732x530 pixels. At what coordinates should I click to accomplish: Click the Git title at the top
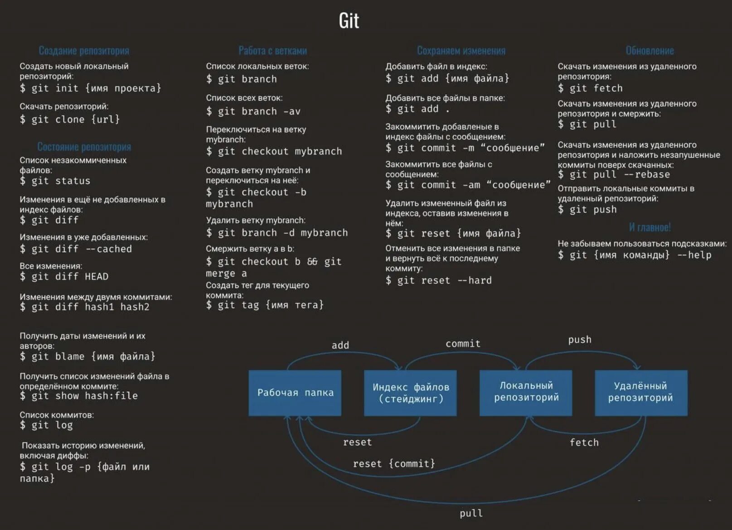point(349,21)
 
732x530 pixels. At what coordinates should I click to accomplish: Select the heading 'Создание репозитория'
point(84,51)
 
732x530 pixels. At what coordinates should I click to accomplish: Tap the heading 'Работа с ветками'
point(272,51)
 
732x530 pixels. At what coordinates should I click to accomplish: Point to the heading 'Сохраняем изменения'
point(461,51)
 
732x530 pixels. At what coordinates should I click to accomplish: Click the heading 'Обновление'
point(650,51)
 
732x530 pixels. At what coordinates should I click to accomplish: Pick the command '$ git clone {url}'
point(70,120)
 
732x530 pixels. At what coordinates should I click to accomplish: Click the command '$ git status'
point(55,181)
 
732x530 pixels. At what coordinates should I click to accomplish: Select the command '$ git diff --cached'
point(76,249)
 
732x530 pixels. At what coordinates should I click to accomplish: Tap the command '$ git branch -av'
point(253,111)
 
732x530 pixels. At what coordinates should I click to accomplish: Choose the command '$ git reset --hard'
point(438,280)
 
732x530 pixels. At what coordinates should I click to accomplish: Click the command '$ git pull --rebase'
point(614,175)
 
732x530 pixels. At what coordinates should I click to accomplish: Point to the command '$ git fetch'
point(590,88)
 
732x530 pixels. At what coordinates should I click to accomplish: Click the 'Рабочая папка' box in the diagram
point(295,393)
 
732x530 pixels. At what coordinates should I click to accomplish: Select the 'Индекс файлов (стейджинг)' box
point(410,393)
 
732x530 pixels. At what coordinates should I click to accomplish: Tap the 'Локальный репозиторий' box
point(526,392)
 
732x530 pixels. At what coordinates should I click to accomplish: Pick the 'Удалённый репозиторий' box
point(640,392)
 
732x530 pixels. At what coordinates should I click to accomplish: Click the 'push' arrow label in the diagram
point(580,340)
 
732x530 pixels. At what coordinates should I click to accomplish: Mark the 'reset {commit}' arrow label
point(394,464)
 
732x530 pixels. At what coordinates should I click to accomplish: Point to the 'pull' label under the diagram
point(471,513)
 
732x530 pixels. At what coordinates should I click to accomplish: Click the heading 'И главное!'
point(650,227)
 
